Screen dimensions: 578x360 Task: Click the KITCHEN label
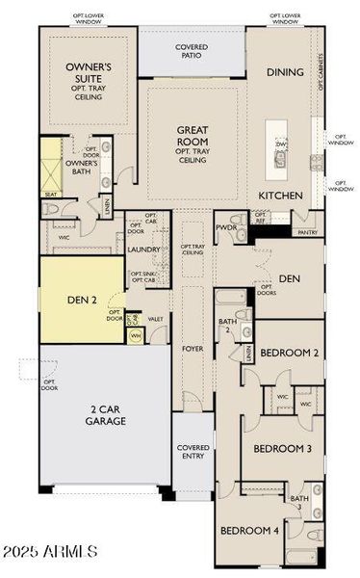(280, 196)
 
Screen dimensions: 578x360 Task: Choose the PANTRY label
(308, 232)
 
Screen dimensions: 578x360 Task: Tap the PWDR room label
(227, 228)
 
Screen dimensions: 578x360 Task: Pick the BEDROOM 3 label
(282, 449)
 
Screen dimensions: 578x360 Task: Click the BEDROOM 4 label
(249, 531)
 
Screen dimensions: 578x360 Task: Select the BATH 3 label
(298, 502)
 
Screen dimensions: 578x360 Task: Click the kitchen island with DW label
(280, 151)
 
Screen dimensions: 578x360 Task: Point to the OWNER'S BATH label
(83, 167)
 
